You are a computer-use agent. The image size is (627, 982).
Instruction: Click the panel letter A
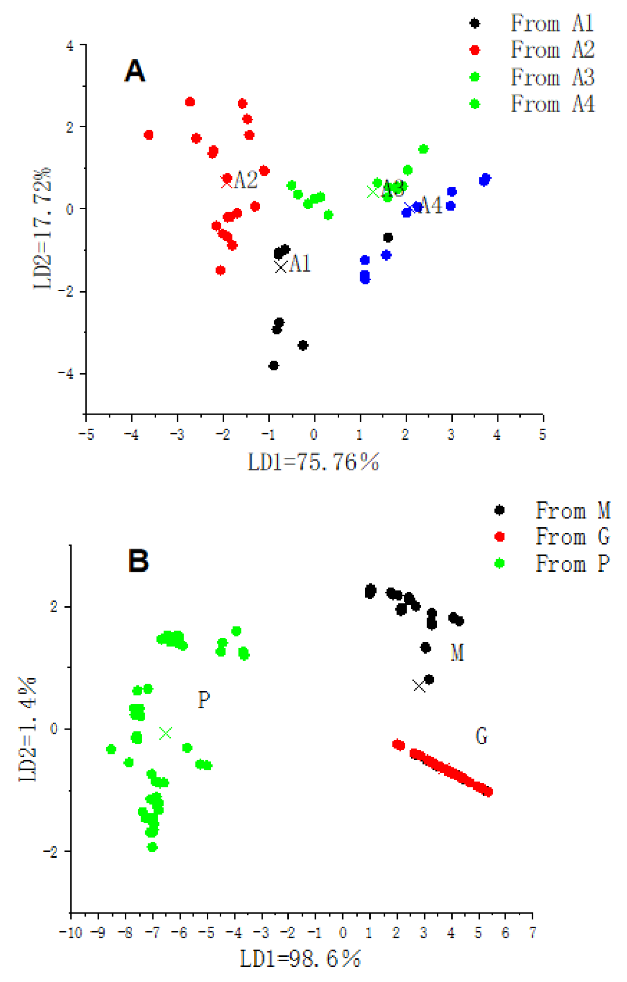click(x=134, y=71)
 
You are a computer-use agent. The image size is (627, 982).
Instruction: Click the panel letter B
click(x=138, y=561)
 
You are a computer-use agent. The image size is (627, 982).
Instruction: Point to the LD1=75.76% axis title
click(x=313, y=462)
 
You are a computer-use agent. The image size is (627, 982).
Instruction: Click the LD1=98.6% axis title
click(x=300, y=959)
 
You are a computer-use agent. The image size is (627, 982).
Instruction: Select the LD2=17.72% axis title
click(x=42, y=229)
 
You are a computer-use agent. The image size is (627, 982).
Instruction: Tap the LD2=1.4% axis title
click(x=28, y=729)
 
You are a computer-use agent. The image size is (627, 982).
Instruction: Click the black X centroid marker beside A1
click(x=280, y=267)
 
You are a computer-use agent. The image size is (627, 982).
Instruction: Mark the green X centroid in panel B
click(x=165, y=733)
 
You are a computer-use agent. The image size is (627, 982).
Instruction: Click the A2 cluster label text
click(x=246, y=181)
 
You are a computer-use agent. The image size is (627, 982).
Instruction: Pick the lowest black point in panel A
click(x=274, y=366)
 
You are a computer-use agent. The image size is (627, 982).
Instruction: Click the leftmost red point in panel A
click(x=149, y=135)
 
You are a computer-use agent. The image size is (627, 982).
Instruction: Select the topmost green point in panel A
click(x=423, y=149)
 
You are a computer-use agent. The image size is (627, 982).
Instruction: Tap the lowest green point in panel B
click(x=152, y=848)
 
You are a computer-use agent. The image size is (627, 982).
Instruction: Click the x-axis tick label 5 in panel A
click(x=542, y=434)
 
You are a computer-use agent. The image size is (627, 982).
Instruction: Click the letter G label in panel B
click(x=481, y=736)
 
